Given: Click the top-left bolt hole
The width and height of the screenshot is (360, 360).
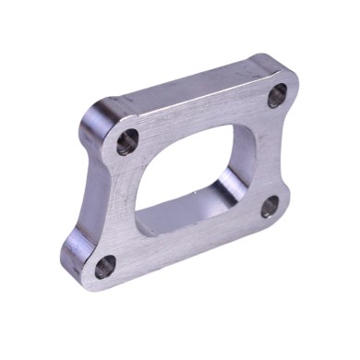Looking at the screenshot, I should coord(127,141).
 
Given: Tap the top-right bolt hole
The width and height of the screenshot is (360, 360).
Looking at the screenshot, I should coord(278,96).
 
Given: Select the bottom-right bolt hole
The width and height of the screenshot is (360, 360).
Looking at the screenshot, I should coord(269,207).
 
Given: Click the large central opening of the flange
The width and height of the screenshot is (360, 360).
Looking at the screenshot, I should coord(189,175).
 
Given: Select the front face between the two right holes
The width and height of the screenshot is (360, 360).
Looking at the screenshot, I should coord(268,152).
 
